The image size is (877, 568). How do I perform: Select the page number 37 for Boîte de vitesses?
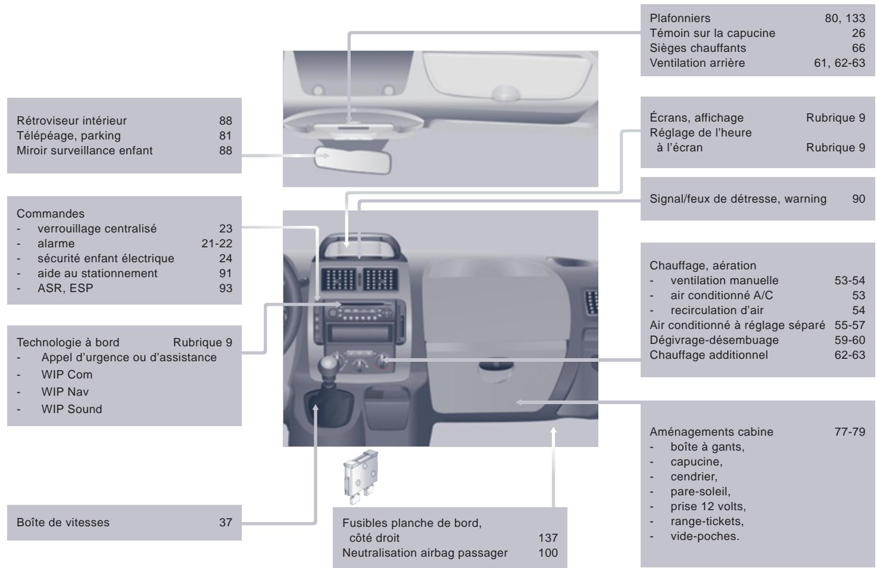(225, 523)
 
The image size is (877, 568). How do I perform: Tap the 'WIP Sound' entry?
(71, 409)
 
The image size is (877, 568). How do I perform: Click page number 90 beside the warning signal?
(858, 199)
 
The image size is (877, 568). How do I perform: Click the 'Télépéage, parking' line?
(68, 135)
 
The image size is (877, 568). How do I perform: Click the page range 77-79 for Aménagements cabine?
(850, 432)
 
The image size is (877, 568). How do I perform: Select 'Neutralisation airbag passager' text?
(425, 553)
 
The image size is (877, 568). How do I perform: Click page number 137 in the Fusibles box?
(547, 538)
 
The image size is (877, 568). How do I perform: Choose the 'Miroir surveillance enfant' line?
(85, 150)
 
